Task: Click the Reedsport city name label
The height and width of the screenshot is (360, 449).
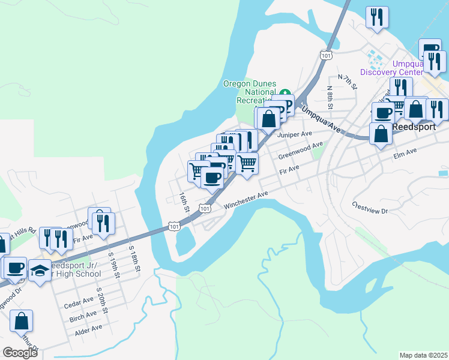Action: click(x=414, y=127)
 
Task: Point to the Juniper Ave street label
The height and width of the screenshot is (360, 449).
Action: click(x=295, y=134)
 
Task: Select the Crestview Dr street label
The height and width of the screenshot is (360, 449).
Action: click(x=371, y=207)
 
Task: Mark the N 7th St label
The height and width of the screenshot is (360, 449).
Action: click(x=348, y=82)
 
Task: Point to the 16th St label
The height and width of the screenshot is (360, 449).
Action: click(x=184, y=203)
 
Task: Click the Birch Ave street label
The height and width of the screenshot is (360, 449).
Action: click(x=83, y=316)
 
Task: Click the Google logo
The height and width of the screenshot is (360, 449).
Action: click(x=19, y=352)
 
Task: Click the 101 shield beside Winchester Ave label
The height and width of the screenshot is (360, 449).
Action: click(x=205, y=208)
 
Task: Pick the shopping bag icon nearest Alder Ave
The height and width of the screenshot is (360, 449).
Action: click(x=21, y=322)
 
